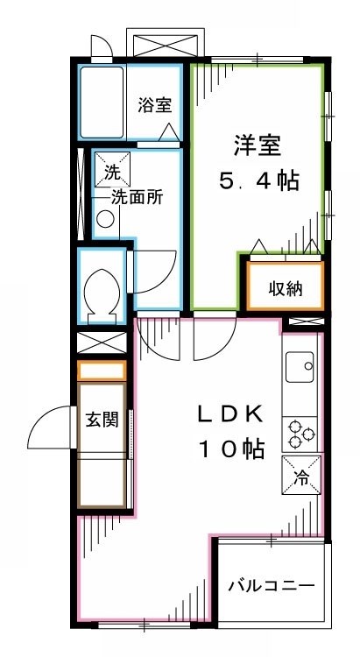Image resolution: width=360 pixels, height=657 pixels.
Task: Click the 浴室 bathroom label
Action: click(154, 105)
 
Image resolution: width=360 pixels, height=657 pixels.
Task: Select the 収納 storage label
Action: click(285, 287)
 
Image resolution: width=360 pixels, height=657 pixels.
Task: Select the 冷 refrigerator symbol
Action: click(301, 477)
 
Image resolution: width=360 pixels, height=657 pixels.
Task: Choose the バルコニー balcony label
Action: click(270, 585)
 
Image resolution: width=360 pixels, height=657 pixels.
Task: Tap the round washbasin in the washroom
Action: click(104, 219)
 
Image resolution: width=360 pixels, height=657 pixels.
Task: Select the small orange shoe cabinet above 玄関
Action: click(102, 371)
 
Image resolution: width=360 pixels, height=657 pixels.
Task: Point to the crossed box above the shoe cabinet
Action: click(102, 343)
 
